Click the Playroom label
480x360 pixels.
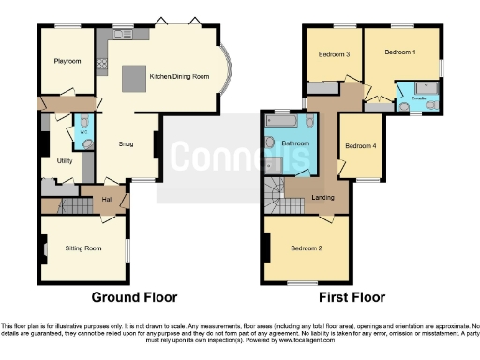(67, 62)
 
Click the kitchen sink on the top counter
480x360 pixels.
(120, 34)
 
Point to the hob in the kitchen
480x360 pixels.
(101, 67)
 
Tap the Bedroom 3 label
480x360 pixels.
(334, 54)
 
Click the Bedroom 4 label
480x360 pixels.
(360, 145)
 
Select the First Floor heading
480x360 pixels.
(352, 297)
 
